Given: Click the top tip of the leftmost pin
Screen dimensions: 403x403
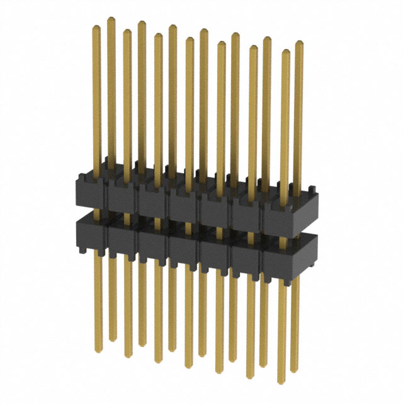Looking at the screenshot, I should [x=96, y=27].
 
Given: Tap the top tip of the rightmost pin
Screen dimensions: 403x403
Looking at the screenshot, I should [x=298, y=43].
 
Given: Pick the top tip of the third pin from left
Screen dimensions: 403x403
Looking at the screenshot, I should [x=127, y=31].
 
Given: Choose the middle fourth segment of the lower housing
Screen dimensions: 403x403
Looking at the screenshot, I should [x=183, y=248].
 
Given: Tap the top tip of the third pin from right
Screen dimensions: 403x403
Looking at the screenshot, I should [x=267, y=39].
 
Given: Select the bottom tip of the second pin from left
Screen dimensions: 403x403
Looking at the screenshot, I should [x=113, y=339].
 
